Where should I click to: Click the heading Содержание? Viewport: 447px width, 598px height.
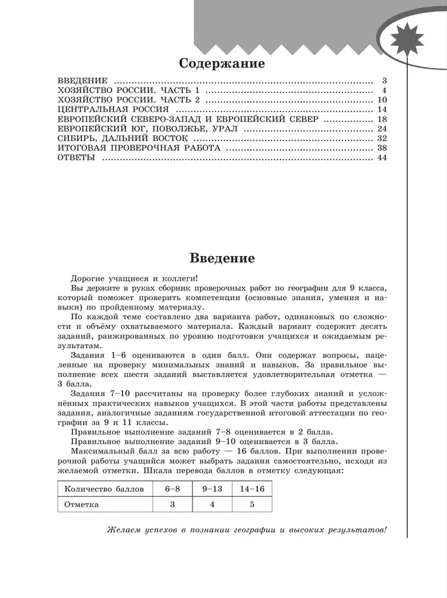pos(221,64)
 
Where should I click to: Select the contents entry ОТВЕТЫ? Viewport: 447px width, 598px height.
pos(76,158)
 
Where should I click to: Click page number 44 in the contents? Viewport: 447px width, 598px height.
pos(383,158)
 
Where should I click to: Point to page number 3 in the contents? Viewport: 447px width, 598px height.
pos(385,81)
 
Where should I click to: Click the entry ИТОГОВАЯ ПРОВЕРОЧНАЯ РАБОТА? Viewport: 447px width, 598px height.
pos(139,148)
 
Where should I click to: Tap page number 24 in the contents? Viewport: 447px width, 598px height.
pos(383,129)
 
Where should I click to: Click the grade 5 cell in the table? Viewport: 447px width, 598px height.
pos(252,504)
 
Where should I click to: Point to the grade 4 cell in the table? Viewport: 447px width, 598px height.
pos(212,504)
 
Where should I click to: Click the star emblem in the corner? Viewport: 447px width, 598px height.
pos(411,45)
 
